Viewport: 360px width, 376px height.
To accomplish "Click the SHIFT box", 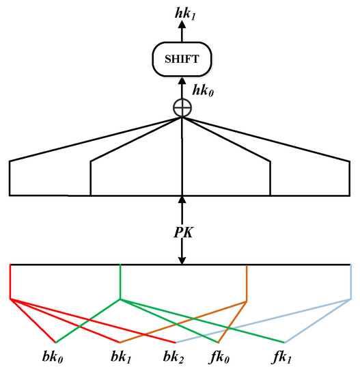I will pyautogui.click(x=181, y=59).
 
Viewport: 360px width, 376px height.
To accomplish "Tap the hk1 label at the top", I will pyautogui.click(x=182, y=10).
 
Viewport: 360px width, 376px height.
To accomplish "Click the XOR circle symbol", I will pyautogui.click(x=182, y=107).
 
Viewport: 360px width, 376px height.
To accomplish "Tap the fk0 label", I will pyautogui.click(x=219, y=358).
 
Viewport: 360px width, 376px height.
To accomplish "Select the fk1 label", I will pyautogui.click(x=286, y=358).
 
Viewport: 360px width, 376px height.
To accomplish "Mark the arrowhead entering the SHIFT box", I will pyautogui.click(x=182, y=78).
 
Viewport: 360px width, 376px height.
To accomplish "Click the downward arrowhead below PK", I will pyautogui.click(x=182, y=259).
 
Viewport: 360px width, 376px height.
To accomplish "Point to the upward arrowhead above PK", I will pyautogui.click(x=182, y=200).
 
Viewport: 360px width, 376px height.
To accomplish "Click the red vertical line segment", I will pyautogui.click(x=10, y=281).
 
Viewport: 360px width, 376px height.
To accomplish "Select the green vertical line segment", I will pyautogui.click(x=120, y=281).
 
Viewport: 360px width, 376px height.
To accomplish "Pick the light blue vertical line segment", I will pyautogui.click(x=351, y=281).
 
